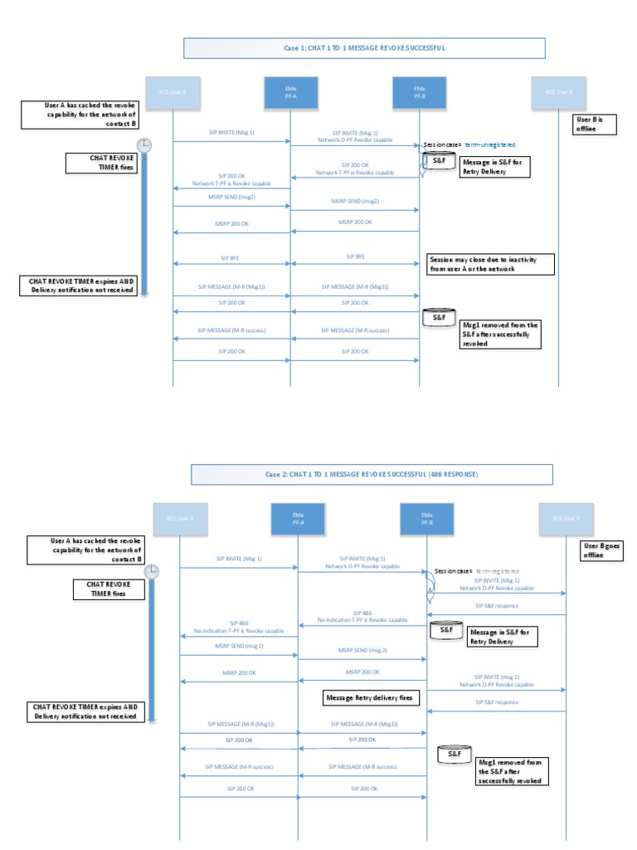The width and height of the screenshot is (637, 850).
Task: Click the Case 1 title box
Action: coord(364,48)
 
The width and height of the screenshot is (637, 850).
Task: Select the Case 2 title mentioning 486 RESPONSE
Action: coord(371,474)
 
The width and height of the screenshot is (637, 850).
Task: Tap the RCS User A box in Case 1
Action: coord(173,91)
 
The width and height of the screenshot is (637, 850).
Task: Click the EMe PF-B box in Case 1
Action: coord(420,91)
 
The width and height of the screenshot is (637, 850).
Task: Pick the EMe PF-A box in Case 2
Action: coord(297,518)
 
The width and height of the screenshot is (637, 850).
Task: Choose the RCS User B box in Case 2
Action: coord(565,518)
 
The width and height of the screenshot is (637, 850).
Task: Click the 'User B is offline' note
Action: coord(595,125)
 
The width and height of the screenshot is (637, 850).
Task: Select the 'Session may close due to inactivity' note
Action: coord(484,263)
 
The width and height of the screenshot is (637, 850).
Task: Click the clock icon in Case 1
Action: coord(144,144)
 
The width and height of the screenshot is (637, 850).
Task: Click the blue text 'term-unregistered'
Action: coord(490,144)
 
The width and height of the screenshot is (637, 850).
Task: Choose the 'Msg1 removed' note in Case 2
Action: coord(512,771)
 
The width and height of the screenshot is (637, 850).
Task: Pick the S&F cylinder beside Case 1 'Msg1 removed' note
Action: coord(436,316)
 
